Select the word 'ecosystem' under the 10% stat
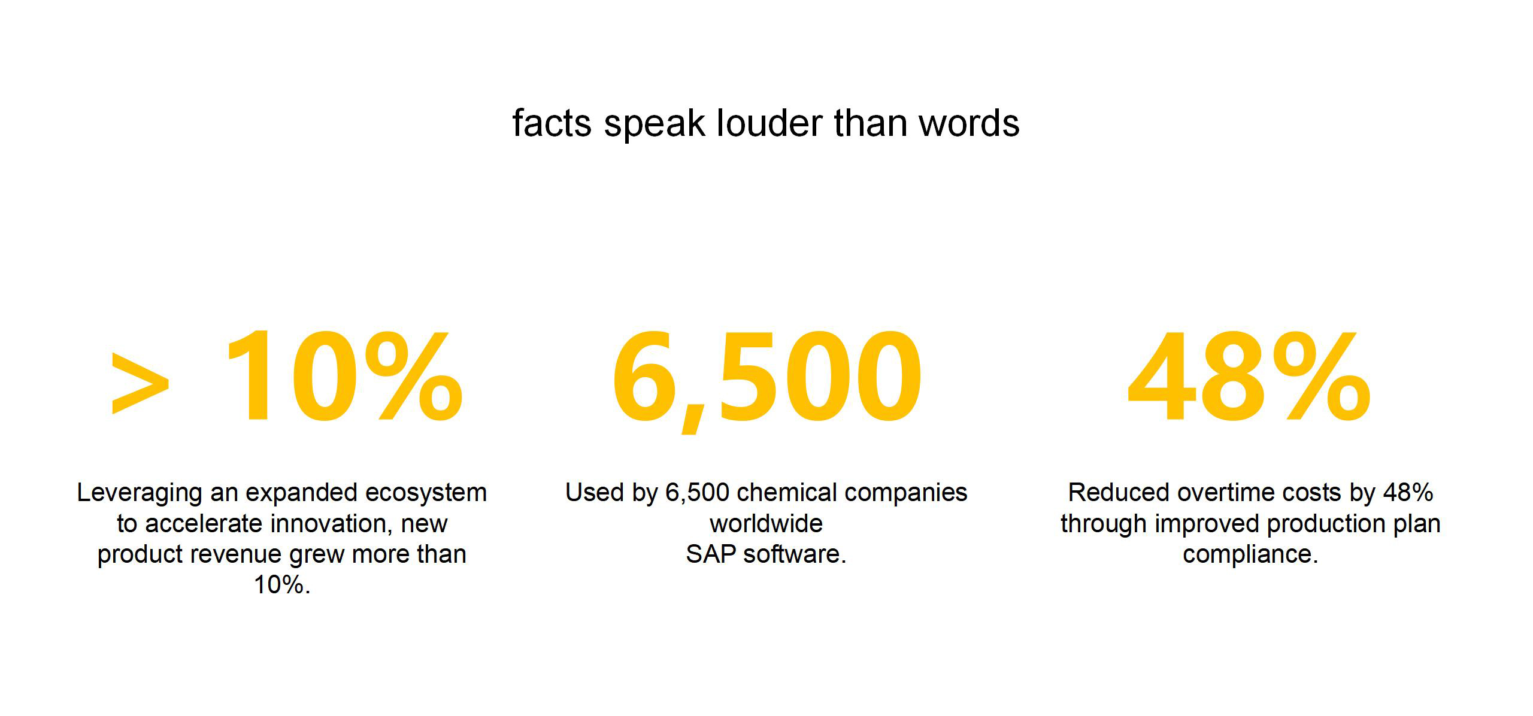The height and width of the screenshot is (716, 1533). pos(426,493)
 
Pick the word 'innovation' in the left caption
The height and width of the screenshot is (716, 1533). pos(332,524)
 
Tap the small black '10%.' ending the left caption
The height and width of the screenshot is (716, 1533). pos(282,585)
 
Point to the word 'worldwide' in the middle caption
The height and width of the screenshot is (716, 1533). pos(766,524)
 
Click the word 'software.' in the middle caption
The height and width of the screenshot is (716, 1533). pos(795,554)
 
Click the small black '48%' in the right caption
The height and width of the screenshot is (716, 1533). pos(1408,493)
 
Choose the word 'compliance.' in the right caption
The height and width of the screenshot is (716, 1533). pos(1250,555)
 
